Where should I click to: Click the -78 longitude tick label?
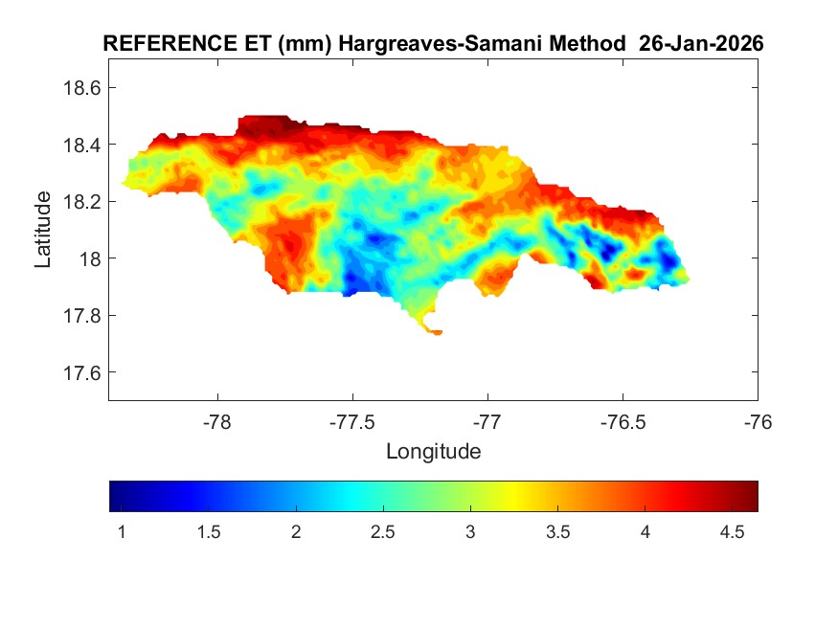click(x=218, y=420)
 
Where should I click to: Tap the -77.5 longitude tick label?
click(x=353, y=420)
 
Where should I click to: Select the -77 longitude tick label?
click(x=488, y=420)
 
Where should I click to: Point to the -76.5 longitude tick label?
click(x=623, y=420)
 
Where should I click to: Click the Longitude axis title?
click(x=433, y=450)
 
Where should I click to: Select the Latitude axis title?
click(x=43, y=230)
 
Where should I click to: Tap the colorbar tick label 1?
click(x=122, y=531)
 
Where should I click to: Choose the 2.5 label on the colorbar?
click(x=383, y=531)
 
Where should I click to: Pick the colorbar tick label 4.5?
click(x=733, y=531)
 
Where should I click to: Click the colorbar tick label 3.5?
click(x=558, y=531)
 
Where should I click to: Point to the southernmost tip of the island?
click(x=437, y=333)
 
